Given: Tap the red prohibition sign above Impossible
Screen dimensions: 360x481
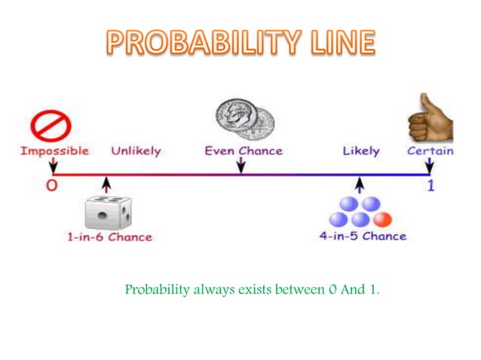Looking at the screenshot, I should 51,125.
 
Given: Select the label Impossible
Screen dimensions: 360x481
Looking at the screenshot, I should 54,151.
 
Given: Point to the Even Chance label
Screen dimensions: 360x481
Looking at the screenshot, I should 244,151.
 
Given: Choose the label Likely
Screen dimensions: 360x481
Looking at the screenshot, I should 360,151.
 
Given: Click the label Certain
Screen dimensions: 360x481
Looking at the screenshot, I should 430,151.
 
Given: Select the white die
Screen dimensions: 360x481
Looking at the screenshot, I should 107,212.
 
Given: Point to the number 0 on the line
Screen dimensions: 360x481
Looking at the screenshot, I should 51,185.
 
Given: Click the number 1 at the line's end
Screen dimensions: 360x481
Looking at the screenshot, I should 430,185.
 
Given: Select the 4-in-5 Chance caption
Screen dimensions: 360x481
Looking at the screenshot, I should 362,236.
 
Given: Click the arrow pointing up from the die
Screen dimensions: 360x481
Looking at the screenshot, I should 106,185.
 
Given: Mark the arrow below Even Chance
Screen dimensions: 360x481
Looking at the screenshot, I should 241,165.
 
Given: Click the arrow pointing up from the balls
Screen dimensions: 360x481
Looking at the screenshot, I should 360,185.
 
